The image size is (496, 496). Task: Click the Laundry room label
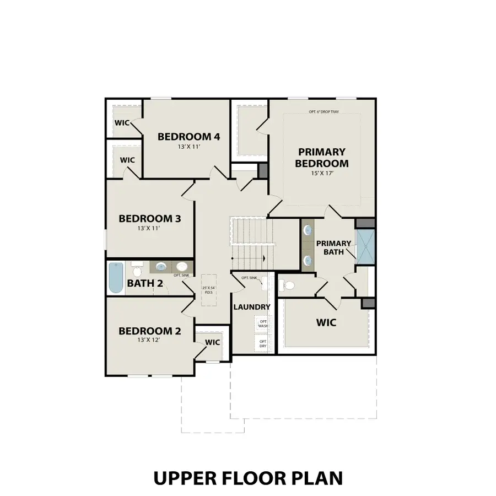pyautogui.click(x=251, y=307)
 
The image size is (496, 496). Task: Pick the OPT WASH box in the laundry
pyautogui.click(x=263, y=324)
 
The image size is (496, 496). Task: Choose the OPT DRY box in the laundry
pyautogui.click(x=263, y=343)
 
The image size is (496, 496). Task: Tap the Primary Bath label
pyautogui.click(x=333, y=247)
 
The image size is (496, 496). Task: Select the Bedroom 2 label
pyautogui.click(x=149, y=331)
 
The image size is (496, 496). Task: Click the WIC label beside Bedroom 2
pyautogui.click(x=212, y=342)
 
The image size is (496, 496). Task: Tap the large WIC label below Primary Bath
pyautogui.click(x=325, y=322)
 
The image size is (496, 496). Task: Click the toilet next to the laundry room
pyautogui.click(x=287, y=285)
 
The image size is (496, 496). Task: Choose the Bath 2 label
pyautogui.click(x=144, y=284)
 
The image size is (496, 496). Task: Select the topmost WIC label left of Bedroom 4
pyautogui.click(x=122, y=122)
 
